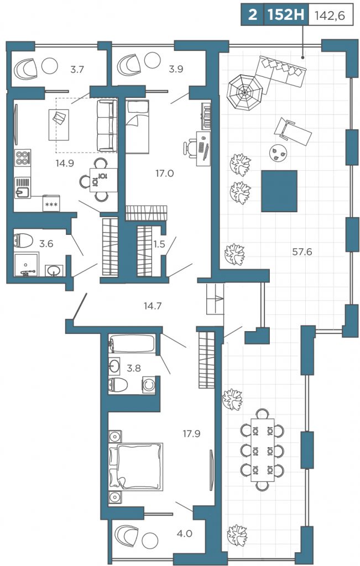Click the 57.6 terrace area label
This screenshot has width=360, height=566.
tap(302, 252)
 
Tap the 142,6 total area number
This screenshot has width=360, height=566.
tap(330, 15)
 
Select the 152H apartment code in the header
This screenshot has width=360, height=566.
tap(286, 15)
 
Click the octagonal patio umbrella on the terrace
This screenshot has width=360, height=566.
tap(244, 92)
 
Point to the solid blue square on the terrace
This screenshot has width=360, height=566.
tap(279, 191)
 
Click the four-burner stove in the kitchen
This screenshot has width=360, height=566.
tap(22, 158)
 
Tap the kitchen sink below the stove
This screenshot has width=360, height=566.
tap(22, 188)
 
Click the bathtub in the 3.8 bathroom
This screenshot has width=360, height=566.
tap(133, 344)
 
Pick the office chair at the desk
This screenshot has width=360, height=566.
tap(190, 147)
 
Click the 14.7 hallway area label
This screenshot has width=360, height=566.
tap(153, 306)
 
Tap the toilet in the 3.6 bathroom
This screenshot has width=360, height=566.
tap(23, 240)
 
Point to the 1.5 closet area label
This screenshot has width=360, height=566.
tap(159, 244)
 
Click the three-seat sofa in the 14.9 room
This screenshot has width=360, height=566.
tap(107, 125)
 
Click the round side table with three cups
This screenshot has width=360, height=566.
tap(278, 153)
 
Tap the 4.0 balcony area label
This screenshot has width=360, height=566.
tap(184, 533)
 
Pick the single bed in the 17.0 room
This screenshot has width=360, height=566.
tap(137, 127)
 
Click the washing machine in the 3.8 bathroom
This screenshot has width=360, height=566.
tap(149, 384)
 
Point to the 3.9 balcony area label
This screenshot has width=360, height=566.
tap(176, 69)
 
